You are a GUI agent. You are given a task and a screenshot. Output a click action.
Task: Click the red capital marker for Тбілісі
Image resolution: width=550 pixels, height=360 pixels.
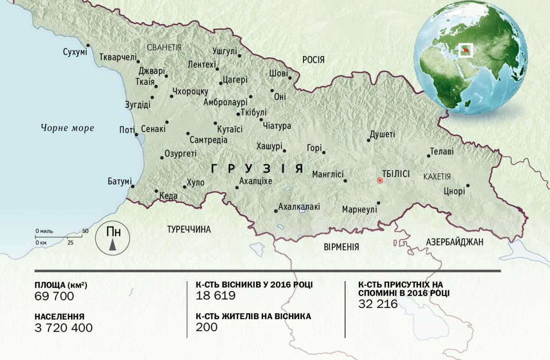(x=379, y=181)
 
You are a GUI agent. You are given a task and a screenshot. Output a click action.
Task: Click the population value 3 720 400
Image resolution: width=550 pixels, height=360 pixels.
(x=63, y=327)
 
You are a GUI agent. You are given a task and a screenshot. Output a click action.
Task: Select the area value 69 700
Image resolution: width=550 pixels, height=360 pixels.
(x=54, y=296)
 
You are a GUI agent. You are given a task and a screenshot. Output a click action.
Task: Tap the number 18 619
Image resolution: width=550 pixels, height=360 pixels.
(x=215, y=296)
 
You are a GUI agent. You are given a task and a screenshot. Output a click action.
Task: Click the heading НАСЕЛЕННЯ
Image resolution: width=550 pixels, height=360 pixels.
(x=59, y=316)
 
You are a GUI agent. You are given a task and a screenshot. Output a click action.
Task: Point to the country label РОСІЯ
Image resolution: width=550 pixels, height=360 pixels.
(x=313, y=60)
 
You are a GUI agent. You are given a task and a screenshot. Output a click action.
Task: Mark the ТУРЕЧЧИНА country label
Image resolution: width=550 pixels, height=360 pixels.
(x=189, y=229)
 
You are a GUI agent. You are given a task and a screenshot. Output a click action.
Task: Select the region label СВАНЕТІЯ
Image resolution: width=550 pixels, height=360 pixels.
(x=164, y=47)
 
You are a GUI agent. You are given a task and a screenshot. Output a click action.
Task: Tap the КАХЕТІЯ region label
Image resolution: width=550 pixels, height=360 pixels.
(x=437, y=177)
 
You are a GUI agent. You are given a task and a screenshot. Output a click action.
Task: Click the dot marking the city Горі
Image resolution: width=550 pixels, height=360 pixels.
(x=324, y=153)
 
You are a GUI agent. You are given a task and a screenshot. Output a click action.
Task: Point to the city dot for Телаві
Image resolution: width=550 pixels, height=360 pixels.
(x=429, y=156)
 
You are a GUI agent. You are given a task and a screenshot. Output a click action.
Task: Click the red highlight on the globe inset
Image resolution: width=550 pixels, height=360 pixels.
(x=466, y=49)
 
